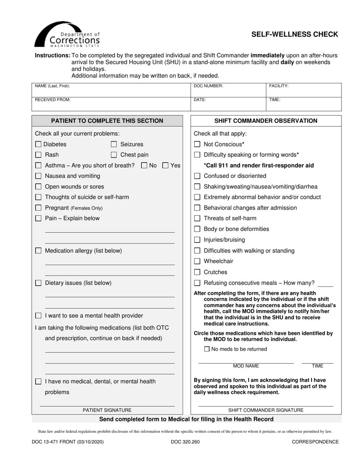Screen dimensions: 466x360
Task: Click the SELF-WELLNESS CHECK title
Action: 295,34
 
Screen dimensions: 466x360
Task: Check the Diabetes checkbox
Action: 38,144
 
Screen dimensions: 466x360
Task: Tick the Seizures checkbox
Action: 114,144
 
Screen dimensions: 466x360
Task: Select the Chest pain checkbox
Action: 114,155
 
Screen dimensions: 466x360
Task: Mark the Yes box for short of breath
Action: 165,166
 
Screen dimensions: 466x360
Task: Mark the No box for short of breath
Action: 144,166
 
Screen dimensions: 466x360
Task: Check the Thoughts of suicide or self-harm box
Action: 38,197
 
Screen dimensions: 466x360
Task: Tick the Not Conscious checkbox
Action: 197,144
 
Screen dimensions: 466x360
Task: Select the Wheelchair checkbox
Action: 197,261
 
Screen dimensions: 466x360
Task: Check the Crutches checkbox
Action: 197,272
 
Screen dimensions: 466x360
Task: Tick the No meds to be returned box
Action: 207,349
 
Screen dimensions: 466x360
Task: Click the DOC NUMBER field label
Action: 208,86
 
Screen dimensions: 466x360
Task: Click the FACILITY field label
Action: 279,86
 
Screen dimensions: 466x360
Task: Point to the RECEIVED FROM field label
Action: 53,100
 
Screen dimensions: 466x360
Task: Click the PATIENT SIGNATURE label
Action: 107,410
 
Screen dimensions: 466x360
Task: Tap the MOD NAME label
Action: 246,366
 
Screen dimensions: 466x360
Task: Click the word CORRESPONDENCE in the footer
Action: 315,442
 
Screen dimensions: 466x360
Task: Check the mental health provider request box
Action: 38,316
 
